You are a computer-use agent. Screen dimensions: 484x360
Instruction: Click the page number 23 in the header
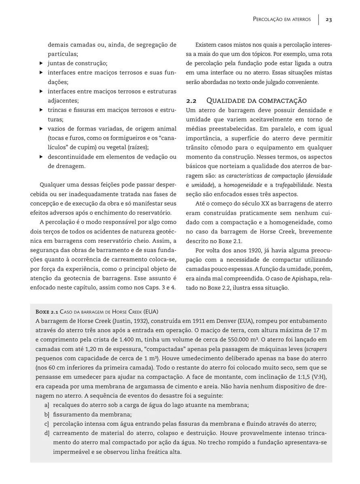point(328,19)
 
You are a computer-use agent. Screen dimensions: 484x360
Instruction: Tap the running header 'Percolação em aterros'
point(282,19)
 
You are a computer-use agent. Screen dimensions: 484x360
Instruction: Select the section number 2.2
point(191,100)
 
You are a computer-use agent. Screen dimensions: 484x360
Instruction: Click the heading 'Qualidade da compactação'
point(256,100)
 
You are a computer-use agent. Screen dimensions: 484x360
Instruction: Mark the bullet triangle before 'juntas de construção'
point(40,64)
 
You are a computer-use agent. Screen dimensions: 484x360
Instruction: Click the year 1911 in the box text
point(183,321)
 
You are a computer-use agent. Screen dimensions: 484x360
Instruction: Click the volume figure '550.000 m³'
point(242,340)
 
